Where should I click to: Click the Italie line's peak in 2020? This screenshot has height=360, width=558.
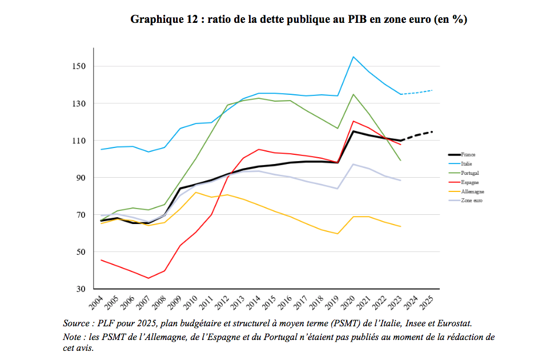click(354, 57)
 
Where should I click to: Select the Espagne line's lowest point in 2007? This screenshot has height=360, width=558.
click(148, 278)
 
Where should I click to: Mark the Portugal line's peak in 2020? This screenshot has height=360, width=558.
click(354, 94)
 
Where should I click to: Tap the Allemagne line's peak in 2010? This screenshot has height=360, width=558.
click(196, 192)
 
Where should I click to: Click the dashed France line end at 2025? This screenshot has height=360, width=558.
click(432, 131)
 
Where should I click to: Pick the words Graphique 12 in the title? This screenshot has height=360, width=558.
click(165, 19)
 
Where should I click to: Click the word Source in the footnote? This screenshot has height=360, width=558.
click(77, 324)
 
